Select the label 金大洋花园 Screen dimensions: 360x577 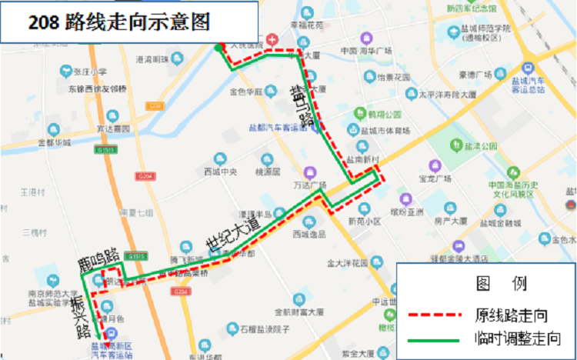[346, 263]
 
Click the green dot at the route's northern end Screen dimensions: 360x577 [218, 48]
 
